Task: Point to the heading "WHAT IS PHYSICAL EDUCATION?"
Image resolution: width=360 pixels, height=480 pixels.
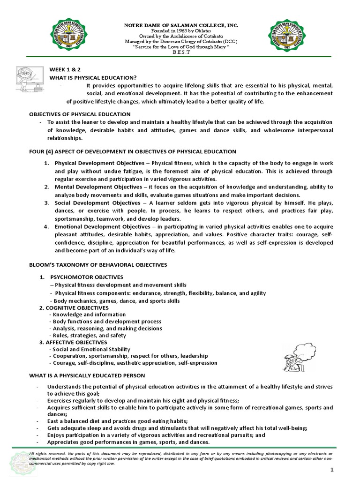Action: pos(93,77)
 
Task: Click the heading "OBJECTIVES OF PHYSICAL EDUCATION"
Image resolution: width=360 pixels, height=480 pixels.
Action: pos(80,114)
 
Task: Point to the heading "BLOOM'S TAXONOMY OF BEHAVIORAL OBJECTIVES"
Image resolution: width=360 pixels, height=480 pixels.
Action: pos(98,265)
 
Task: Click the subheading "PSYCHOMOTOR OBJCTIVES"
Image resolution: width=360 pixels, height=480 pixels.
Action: pos(87,277)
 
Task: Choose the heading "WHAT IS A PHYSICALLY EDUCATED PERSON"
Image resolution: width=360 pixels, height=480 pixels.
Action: pos(87,375)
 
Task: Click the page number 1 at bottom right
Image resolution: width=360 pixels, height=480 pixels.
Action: pos(331,470)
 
